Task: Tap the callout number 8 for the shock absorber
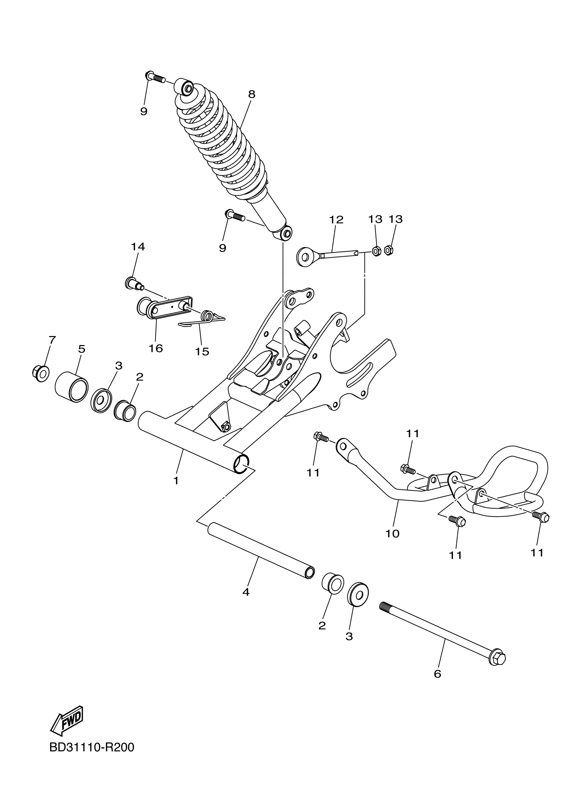pos(252,94)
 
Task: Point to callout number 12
pos(336,220)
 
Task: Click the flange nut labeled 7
pos(40,373)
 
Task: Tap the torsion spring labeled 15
pos(207,316)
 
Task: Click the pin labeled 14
pos(133,284)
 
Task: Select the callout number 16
pos(156,348)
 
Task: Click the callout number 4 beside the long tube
pos(246,592)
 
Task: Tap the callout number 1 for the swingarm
pos(176,481)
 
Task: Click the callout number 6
pos(437,673)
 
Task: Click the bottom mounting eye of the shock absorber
pos(286,233)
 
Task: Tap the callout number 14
pos(138,247)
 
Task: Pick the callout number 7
pos(52,340)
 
